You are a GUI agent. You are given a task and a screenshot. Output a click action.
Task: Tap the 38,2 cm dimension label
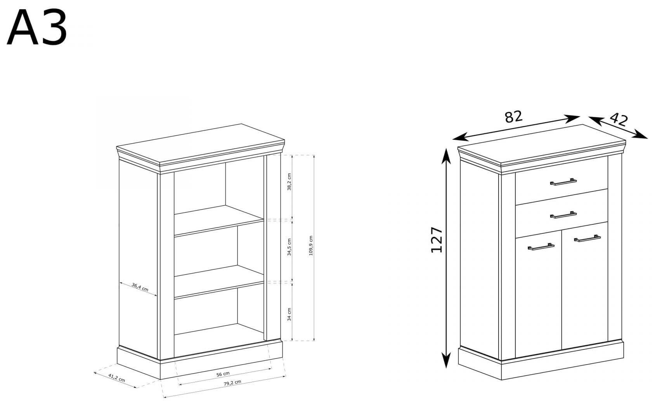point(289,182)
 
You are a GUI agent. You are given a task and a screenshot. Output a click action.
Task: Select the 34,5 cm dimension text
point(289,247)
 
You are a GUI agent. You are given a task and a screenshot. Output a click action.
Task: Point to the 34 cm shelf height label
point(289,314)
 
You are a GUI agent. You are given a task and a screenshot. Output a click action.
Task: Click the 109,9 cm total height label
point(311,245)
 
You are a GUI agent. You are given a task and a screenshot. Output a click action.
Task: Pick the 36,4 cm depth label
point(140,287)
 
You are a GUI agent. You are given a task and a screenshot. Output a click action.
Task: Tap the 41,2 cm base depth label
point(117,378)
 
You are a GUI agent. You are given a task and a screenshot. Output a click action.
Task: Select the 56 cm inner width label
point(223,374)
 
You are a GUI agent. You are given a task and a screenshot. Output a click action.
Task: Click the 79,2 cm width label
point(232,383)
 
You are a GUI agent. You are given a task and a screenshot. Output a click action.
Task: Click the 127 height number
point(437,240)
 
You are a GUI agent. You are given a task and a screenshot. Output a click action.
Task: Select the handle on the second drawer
point(563,215)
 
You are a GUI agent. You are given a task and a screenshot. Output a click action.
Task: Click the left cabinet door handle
point(541,247)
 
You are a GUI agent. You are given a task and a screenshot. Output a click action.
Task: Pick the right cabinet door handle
point(587,238)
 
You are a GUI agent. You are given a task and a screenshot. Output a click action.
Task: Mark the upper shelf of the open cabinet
point(219,221)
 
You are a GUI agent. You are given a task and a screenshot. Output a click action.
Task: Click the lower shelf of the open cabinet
point(219,282)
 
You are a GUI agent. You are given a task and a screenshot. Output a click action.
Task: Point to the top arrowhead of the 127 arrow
point(445,156)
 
